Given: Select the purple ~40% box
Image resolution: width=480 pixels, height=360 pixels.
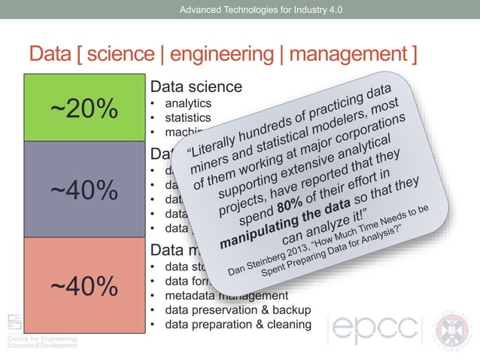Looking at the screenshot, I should tap(84, 189).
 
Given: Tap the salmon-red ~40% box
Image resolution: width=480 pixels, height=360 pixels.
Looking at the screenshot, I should tap(84, 285).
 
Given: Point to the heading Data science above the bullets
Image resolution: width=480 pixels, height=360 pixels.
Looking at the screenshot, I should tap(196, 87).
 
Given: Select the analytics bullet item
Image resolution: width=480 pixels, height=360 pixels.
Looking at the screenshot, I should tap(188, 102).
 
